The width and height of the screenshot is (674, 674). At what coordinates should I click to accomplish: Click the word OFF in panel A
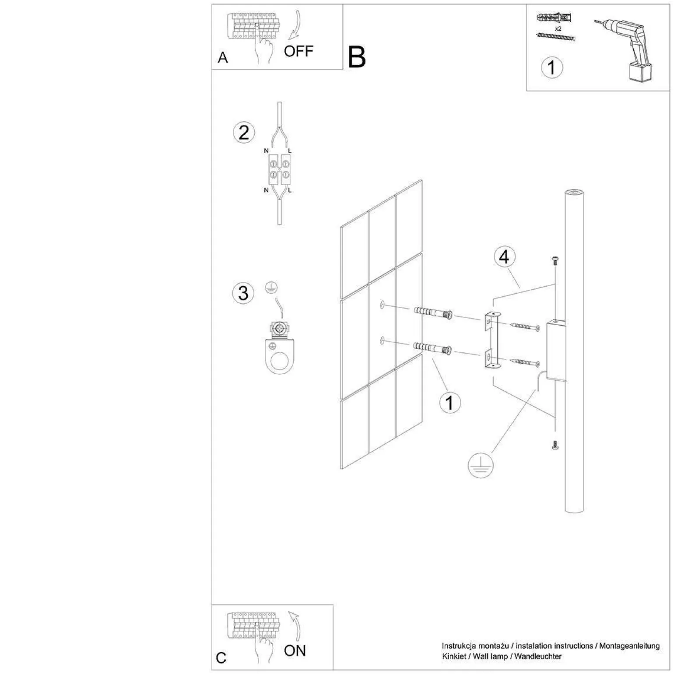298,51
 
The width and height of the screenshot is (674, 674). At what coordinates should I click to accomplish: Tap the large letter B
356,57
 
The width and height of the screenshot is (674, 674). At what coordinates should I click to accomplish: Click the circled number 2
244,133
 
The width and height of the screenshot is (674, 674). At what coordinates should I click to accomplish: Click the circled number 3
243,293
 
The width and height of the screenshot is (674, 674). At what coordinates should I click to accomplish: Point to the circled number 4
504,257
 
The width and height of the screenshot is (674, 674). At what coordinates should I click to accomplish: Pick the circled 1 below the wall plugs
449,403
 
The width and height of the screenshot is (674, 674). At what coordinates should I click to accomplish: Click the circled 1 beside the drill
551,68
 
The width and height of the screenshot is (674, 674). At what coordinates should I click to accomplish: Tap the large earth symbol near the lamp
480,465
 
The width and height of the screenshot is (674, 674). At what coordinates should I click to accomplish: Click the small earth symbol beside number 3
272,288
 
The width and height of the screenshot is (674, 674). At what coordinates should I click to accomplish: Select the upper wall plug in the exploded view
432,313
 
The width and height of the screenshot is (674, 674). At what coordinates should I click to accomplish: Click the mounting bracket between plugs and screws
493,340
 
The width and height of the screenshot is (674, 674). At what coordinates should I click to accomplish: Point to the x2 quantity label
558,28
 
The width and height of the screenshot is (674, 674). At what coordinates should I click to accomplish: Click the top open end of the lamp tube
574,193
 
